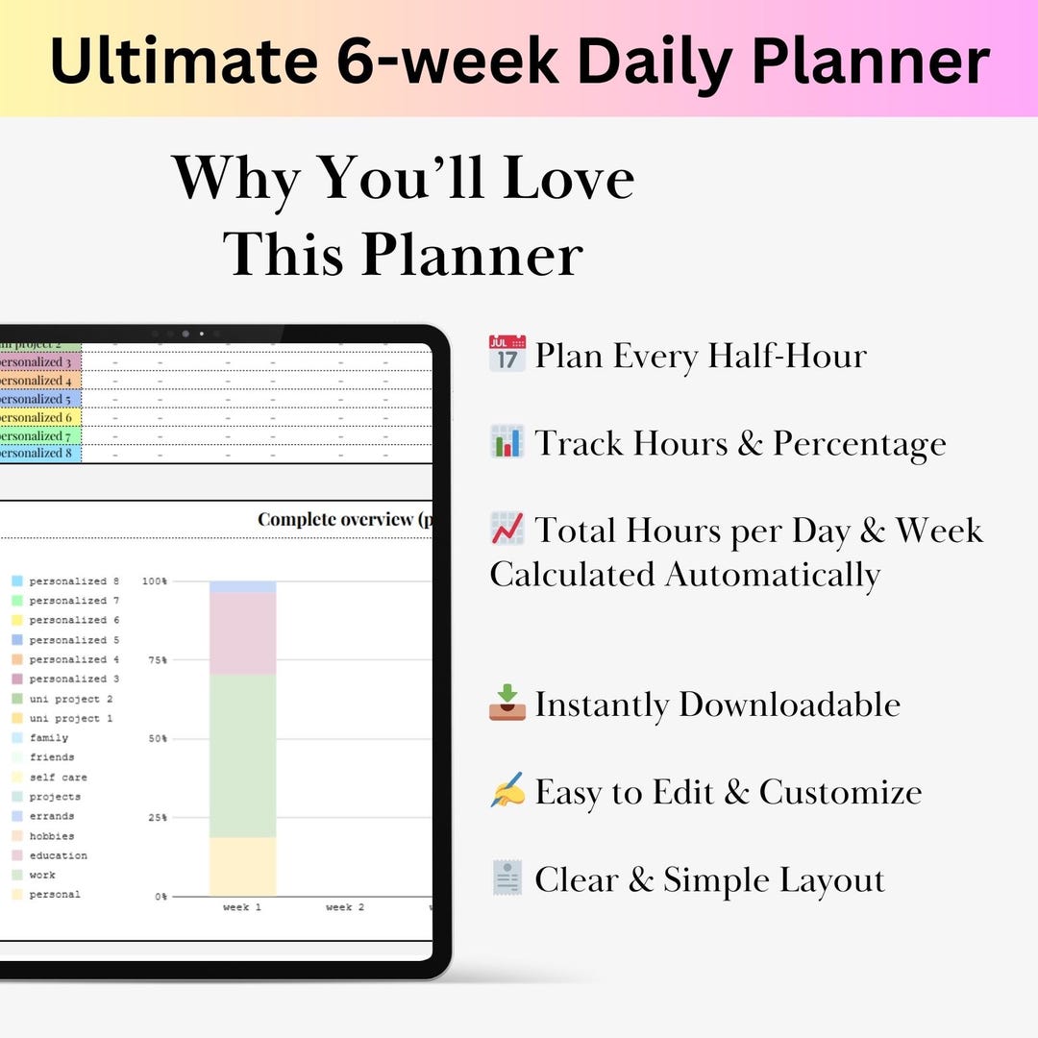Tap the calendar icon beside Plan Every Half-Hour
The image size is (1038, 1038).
point(507,355)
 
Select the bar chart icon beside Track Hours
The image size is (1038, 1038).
point(507,442)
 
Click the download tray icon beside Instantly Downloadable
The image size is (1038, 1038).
point(507,703)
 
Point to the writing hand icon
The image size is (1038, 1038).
point(507,791)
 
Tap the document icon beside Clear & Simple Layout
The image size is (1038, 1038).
point(507,878)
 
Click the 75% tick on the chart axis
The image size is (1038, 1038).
point(156,660)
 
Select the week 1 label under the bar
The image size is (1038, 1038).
point(242,907)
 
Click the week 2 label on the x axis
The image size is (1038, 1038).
point(345,907)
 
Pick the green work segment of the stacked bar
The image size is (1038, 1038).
point(242,755)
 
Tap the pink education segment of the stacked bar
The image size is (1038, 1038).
point(242,633)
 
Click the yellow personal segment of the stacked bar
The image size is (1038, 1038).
point(242,866)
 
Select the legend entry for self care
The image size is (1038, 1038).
point(55,777)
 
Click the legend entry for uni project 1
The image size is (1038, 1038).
point(70,718)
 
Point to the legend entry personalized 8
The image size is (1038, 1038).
point(74,581)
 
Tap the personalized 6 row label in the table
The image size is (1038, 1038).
point(37,418)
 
